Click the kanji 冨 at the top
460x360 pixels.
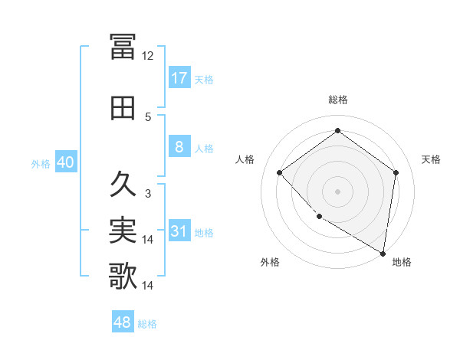click(123, 47)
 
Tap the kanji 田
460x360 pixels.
click(123, 108)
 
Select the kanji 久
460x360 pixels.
click(123, 185)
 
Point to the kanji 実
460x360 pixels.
click(123, 231)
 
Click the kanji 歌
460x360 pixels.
click(123, 277)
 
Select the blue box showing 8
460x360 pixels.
click(179, 147)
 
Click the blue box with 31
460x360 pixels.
click(179, 232)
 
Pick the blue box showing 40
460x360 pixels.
click(65, 162)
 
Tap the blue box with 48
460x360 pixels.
click(123, 322)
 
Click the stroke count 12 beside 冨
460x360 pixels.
click(148, 56)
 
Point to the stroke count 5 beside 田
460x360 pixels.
click(148, 117)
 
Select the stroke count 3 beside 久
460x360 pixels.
click(148, 194)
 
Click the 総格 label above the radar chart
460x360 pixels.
click(337, 100)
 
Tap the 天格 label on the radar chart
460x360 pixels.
click(431, 159)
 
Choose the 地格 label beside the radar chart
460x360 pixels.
click(402, 262)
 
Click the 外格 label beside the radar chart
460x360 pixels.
click(270, 262)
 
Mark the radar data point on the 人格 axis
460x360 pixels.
click(280, 172)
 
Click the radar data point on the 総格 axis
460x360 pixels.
click(337, 131)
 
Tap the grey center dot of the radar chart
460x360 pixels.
click(337, 191)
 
